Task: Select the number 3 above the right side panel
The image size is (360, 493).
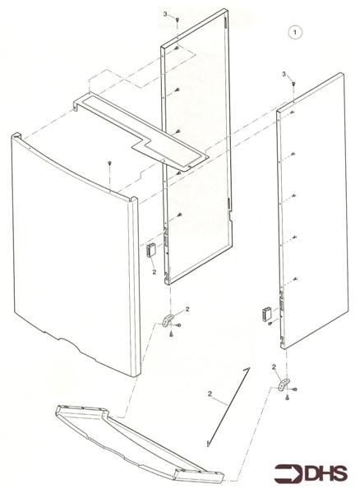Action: pos(284,74)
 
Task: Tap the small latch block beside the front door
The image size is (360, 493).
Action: pos(151,250)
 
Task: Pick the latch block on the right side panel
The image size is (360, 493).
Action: pos(265,313)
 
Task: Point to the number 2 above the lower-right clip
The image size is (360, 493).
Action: pos(274,366)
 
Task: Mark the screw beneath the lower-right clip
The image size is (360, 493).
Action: pos(287,399)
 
